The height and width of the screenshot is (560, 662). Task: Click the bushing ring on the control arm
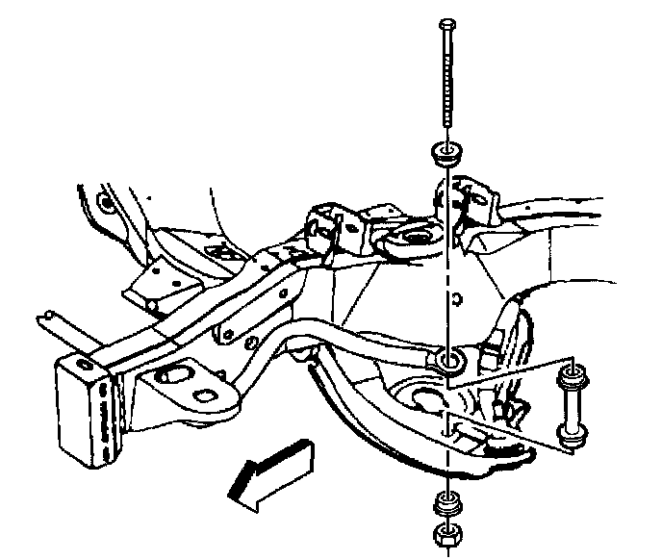click(449, 362)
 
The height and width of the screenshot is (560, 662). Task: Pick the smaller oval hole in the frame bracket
click(206, 397)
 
